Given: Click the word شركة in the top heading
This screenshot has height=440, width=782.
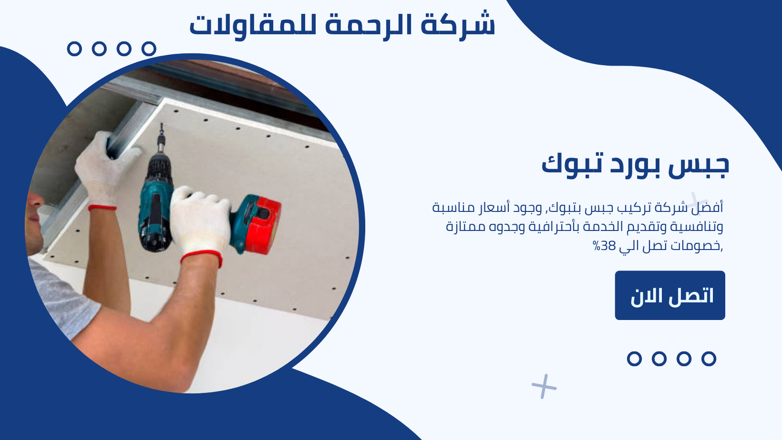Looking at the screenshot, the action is pos(458,25).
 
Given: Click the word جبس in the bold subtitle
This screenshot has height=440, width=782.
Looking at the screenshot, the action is pos(699,166).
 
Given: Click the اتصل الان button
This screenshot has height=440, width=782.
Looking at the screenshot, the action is pos(670,295).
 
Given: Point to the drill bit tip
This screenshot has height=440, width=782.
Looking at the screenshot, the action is pos(161,124).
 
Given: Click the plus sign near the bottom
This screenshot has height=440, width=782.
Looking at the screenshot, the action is pos(544,386).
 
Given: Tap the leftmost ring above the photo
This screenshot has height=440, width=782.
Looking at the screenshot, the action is pos(74,49).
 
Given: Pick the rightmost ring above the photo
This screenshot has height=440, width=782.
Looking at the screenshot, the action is pos(149,49).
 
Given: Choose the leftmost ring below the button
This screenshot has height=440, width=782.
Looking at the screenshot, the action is pos(634,359).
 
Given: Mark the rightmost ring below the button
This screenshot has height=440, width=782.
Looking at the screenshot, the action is pos(709,359).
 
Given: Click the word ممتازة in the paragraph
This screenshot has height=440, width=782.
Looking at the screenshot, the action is pos(461,227).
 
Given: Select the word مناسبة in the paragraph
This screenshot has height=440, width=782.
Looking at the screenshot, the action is pos(449,208).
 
